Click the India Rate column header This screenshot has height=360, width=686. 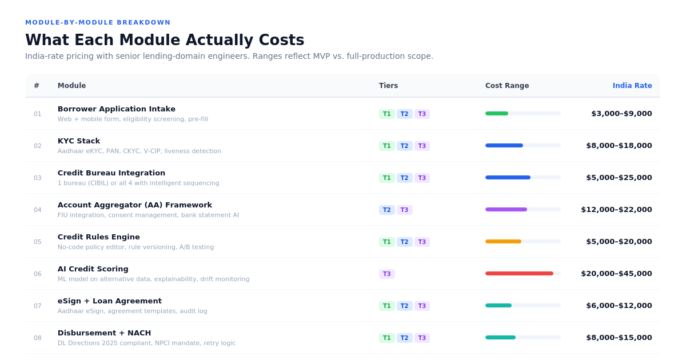(632, 86)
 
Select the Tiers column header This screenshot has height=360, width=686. (388, 86)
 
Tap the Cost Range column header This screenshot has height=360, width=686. (507, 86)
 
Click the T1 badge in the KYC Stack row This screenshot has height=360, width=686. (387, 146)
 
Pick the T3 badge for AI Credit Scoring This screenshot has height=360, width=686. (387, 274)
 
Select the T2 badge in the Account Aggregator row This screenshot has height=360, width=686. (387, 210)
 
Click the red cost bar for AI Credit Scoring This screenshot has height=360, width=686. (520, 273)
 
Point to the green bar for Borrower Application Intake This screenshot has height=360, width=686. (497, 114)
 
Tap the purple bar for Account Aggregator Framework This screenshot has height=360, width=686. (506, 209)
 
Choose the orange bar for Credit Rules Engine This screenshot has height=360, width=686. (504, 242)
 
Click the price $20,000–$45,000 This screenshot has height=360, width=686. (616, 273)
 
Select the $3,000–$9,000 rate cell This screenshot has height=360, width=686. (622, 114)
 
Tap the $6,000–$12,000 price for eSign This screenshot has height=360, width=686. (619, 306)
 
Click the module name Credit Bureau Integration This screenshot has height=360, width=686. (111, 173)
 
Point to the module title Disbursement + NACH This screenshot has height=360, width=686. (104, 333)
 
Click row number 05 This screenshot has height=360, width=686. (37, 242)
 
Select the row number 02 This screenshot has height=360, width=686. (37, 146)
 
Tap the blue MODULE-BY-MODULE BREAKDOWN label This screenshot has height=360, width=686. (98, 22)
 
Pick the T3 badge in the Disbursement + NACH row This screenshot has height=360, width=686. (422, 338)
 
